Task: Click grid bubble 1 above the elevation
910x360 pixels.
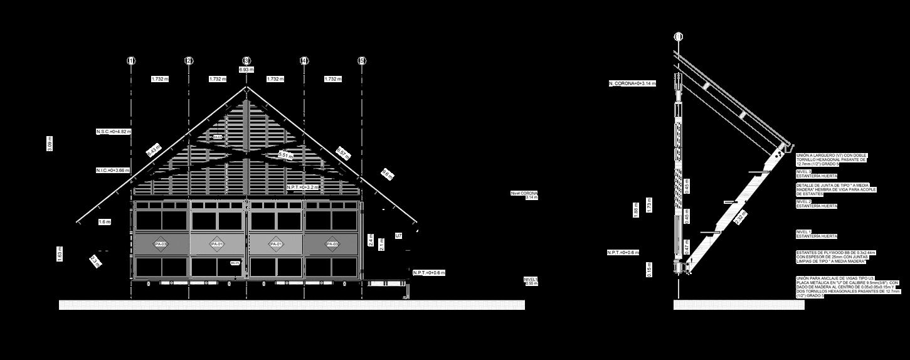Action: point(131,61)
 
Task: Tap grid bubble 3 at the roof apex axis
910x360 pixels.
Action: point(246,61)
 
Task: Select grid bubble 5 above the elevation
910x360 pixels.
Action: point(362,61)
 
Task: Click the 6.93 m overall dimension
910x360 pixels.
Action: point(246,70)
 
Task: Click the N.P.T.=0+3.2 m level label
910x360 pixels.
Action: point(303,188)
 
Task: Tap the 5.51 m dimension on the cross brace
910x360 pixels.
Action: point(285,155)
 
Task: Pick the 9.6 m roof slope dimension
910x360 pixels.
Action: point(388,175)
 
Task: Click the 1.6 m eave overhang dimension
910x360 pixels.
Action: point(104,222)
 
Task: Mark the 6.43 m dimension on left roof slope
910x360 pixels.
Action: point(153,151)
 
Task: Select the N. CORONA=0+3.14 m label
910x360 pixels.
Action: point(632,83)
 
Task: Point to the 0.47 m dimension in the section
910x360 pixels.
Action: point(686,249)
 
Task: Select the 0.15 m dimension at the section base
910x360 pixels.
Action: point(649,269)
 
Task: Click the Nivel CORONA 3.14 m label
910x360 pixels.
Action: point(525,195)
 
